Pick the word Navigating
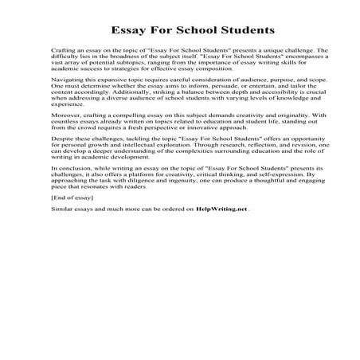coord(65,93)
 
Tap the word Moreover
coord(64,138)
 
